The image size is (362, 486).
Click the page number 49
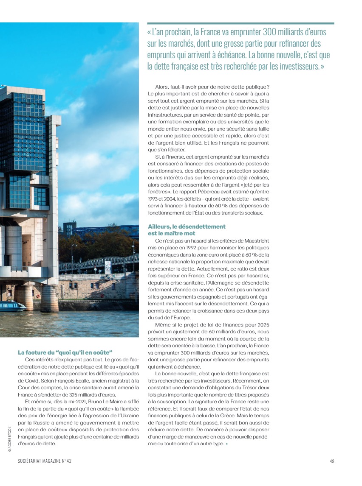click(332, 461)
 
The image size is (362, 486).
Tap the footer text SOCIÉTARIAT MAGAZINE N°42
click(45, 461)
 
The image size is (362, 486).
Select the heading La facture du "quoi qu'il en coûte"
click(65, 352)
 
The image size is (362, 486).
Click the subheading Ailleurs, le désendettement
click(187, 226)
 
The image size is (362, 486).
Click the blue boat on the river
click(13, 306)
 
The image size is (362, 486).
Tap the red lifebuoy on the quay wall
click(37, 296)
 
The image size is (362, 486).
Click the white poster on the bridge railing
click(108, 267)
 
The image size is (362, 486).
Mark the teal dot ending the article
click(226, 444)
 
